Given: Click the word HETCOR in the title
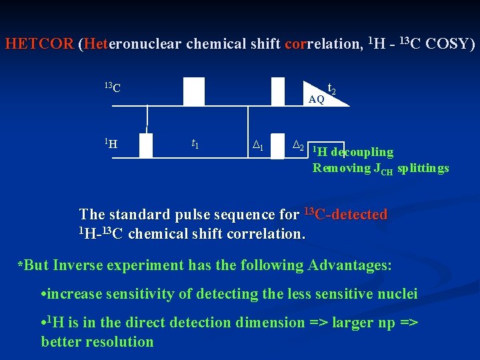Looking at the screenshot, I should coord(39,45).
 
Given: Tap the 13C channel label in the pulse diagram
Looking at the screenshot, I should coord(112,87).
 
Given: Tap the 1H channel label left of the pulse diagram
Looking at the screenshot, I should coord(112,142).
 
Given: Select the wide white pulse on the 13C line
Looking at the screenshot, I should coord(194,91).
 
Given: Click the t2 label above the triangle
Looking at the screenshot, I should coord(332,87).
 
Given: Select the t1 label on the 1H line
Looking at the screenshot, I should coord(195,143).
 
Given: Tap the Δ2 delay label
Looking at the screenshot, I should coord(299,145).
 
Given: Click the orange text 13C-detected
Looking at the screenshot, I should coord(345,215).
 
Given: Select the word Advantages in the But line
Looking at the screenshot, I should coord(349,265).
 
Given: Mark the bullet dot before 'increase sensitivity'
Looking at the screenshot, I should coord(43,294).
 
